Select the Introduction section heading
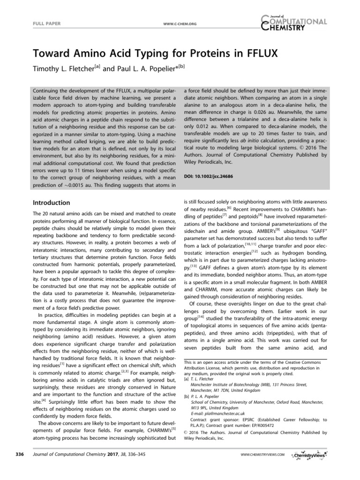[x=51, y=202]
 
